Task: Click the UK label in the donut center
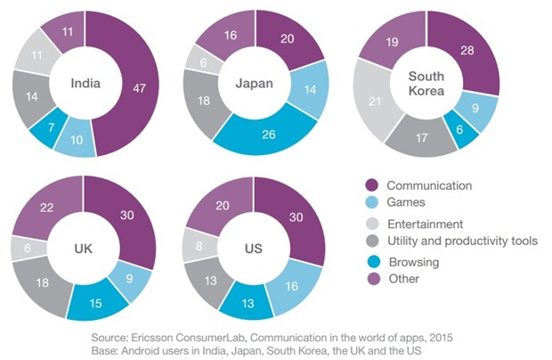pyautogui.click(x=83, y=248)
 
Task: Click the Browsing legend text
pyautogui.click(x=412, y=263)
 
